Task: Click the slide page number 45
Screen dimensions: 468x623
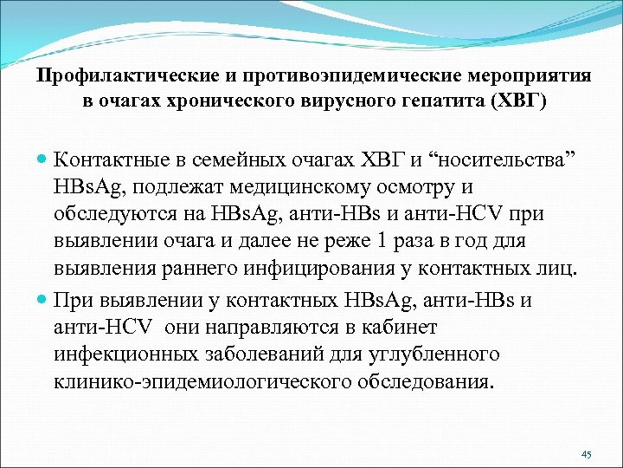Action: pos(587,454)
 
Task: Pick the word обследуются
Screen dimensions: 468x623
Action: pos(114,212)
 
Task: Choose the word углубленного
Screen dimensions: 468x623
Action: pos(435,355)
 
